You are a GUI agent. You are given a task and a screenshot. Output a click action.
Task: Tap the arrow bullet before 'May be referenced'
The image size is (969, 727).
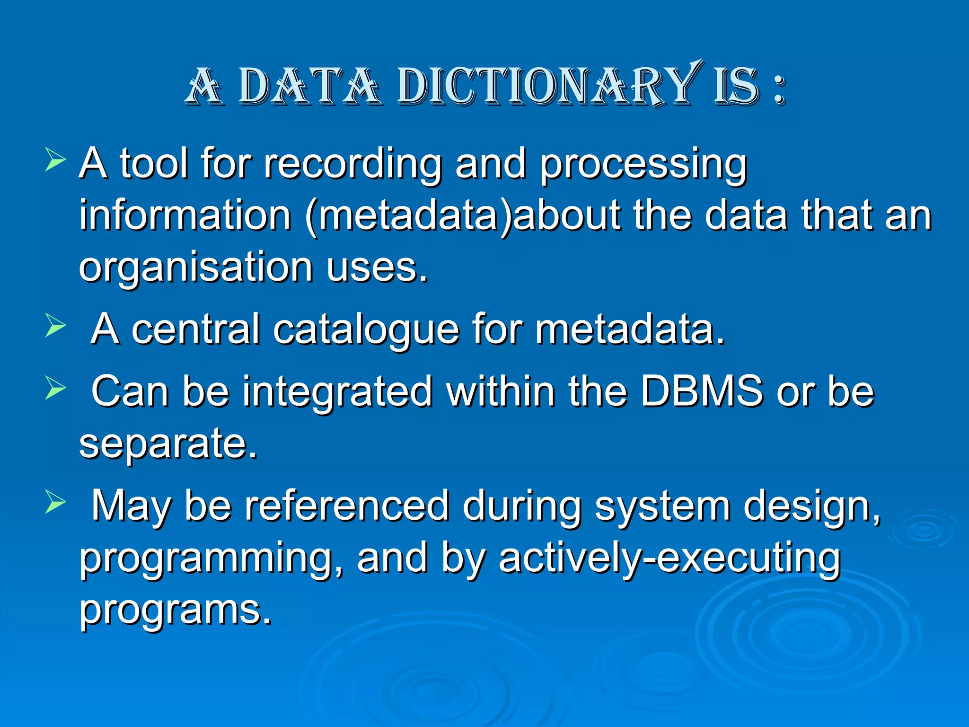pos(55,502)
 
